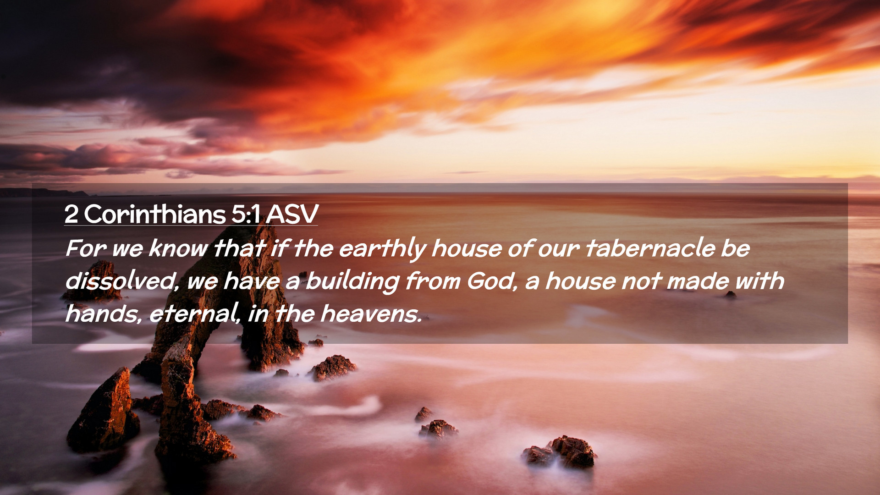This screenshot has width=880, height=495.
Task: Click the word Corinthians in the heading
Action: tap(155, 214)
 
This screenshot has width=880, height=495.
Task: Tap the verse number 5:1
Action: tap(246, 214)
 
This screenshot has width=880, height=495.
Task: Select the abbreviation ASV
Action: tap(292, 214)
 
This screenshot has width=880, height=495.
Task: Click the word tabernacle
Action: tap(650, 248)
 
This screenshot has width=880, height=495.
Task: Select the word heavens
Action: tap(370, 314)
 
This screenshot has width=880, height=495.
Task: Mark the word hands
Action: tap(104, 314)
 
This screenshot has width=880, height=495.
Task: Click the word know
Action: tap(178, 248)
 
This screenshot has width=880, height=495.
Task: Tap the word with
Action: tap(759, 281)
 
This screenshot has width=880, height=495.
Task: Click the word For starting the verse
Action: tap(86, 248)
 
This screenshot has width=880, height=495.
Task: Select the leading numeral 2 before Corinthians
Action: tap(71, 214)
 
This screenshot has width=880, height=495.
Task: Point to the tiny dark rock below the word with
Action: tap(730, 295)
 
